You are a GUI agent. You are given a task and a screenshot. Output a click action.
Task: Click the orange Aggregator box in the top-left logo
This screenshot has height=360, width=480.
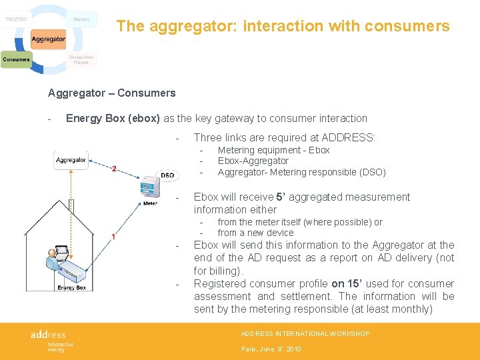[48, 39]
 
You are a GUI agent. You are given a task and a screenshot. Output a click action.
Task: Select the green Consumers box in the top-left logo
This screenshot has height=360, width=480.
[16, 60]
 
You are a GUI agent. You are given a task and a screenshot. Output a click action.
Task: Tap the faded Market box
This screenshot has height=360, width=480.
[81, 19]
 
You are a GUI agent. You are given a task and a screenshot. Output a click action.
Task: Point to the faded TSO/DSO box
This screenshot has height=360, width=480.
[16, 19]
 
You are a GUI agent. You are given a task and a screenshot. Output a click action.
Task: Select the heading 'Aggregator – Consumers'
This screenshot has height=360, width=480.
[111, 93]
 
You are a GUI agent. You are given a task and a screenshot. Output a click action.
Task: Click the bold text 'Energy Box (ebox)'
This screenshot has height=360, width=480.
[113, 118]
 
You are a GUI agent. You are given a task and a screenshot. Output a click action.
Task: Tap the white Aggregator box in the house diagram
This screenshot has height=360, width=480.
[71, 160]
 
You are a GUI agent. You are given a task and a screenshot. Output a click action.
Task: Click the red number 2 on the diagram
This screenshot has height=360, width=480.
[114, 169]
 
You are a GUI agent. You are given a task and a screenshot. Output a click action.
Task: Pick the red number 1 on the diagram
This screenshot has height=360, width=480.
[114, 237]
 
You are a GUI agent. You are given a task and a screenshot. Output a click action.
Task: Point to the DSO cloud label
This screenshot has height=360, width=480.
[167, 175]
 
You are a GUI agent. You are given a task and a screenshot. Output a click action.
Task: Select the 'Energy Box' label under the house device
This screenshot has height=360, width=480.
[71, 287]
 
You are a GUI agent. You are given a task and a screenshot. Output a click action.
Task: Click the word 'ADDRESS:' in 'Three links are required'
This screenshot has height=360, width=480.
[349, 137]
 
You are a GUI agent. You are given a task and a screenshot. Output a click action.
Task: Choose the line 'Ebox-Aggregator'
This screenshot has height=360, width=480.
[253, 161]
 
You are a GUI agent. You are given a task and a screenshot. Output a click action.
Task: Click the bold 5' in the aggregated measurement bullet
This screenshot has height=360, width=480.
[280, 197]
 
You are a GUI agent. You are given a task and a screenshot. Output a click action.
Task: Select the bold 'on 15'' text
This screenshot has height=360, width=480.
[348, 283]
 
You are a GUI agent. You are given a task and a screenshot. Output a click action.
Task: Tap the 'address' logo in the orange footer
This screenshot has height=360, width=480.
[48, 334]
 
